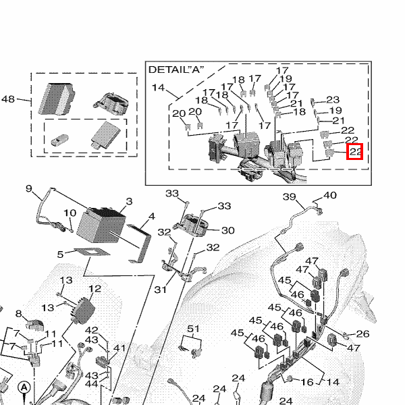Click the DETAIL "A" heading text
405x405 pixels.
[176, 70]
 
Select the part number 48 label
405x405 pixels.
[8, 99]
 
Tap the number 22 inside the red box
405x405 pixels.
[355, 152]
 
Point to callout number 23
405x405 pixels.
[333, 100]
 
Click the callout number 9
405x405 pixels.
[29, 188]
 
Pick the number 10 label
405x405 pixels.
[70, 213]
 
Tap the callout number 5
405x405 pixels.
[60, 254]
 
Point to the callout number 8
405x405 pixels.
[19, 313]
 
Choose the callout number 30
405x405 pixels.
[227, 230]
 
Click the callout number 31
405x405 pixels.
[160, 290]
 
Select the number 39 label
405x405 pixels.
[289, 197]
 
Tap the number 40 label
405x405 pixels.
[329, 196]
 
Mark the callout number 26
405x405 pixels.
[362, 333]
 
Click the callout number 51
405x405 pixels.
[194, 329]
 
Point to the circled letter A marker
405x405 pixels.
[24, 387]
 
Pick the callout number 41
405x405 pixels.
[119, 348]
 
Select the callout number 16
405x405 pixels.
[307, 382]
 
